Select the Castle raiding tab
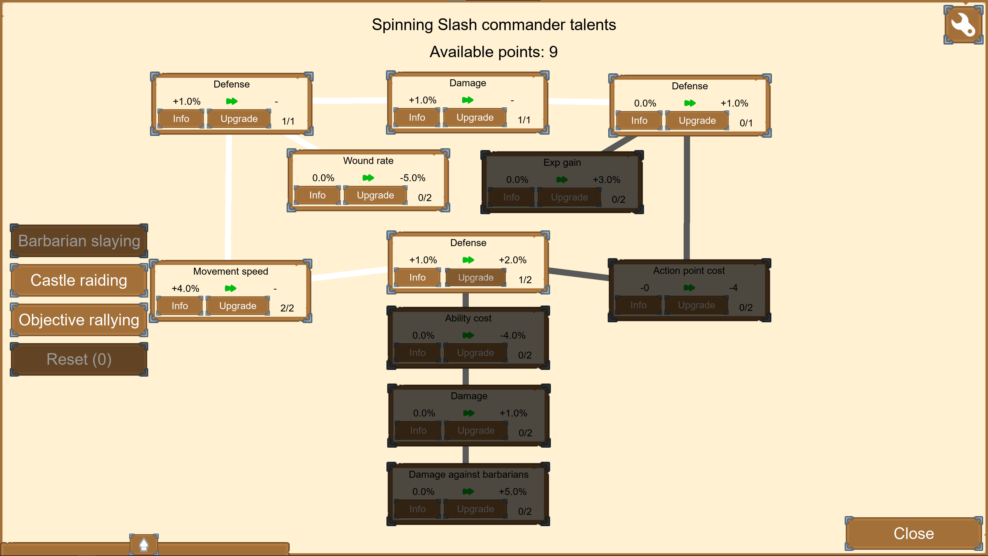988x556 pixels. click(x=79, y=280)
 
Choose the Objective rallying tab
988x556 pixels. click(x=79, y=320)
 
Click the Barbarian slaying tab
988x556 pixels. click(x=79, y=241)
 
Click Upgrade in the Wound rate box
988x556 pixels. click(x=375, y=195)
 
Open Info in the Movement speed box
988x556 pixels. click(x=180, y=306)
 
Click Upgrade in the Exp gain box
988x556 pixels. click(x=569, y=197)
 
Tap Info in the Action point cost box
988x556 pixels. click(x=638, y=305)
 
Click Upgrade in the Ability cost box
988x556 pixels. click(x=475, y=353)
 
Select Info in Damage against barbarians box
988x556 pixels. click(x=417, y=509)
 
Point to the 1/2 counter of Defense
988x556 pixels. click(x=525, y=280)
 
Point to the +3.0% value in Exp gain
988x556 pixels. click(x=606, y=180)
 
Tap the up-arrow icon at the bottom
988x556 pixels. click(x=144, y=544)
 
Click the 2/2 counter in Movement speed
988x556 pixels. click(x=287, y=308)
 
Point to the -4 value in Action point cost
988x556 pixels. click(x=733, y=288)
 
